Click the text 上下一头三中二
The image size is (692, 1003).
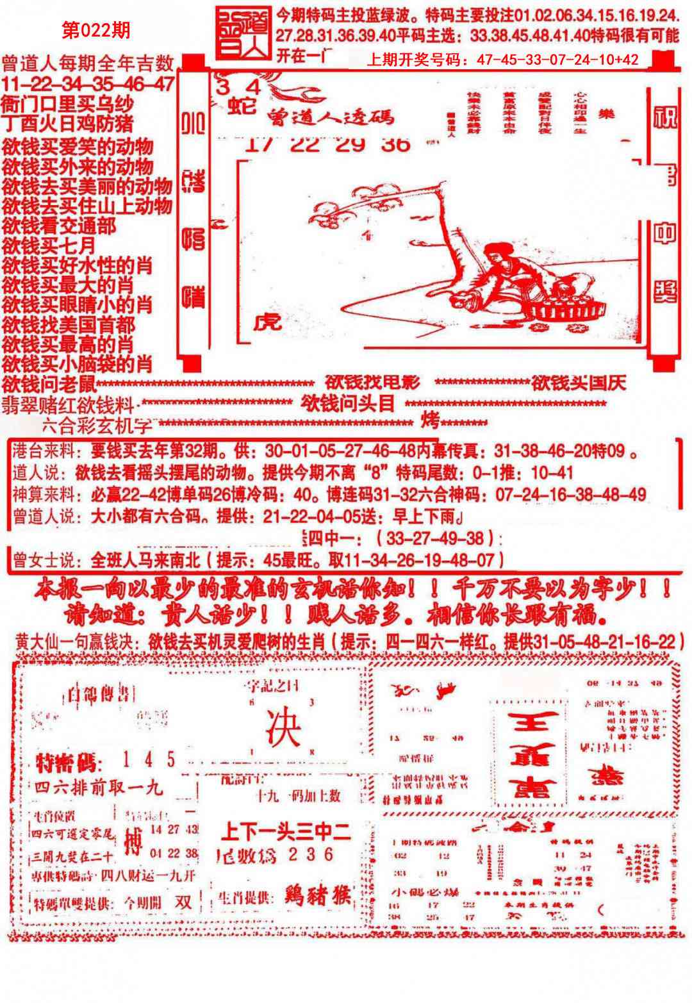point(284,832)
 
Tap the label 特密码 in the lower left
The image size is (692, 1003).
point(67,763)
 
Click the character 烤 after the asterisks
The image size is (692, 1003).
point(430,422)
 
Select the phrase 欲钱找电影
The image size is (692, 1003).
point(372,383)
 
